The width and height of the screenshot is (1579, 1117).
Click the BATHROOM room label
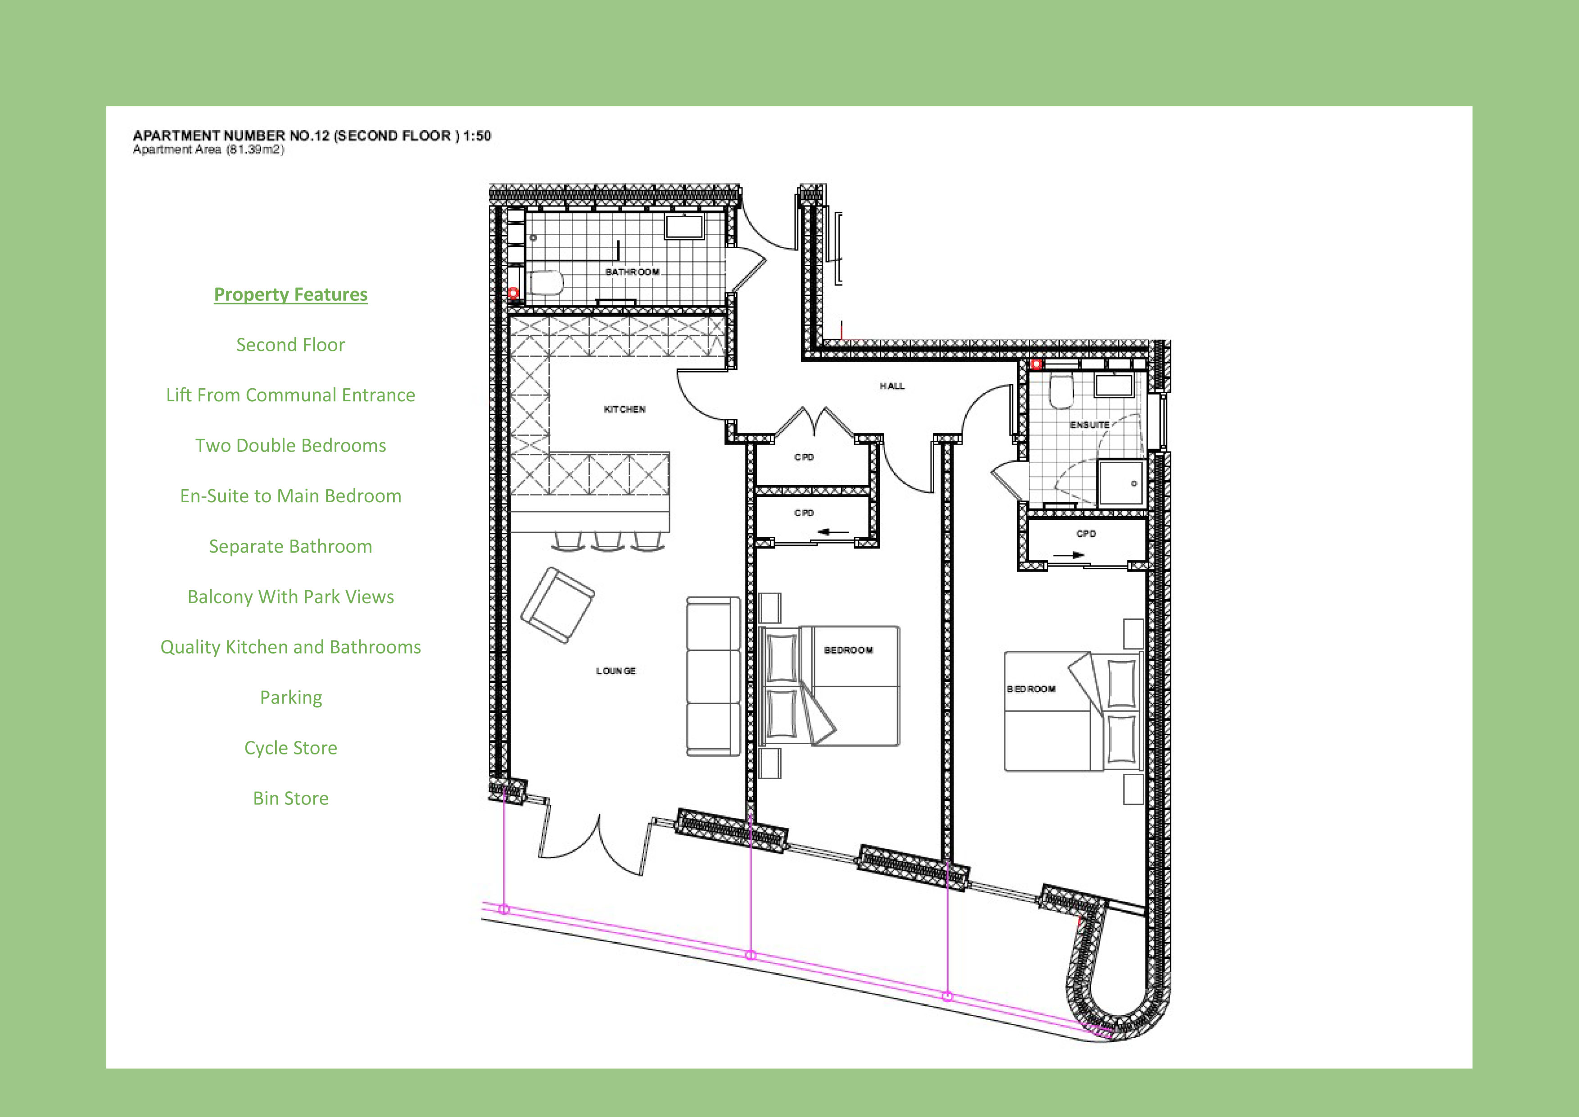(632, 272)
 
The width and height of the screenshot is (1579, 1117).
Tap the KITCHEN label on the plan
(624, 409)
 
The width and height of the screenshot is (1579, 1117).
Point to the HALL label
(892, 386)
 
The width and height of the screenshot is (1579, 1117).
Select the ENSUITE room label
(1089, 425)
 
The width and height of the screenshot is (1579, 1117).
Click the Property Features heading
(290, 295)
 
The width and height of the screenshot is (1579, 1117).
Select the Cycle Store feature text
(290, 748)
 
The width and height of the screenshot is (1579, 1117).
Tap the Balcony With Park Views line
(290, 596)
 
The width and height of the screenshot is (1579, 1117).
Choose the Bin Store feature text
(290, 798)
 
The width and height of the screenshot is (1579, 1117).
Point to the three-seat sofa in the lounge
(713, 676)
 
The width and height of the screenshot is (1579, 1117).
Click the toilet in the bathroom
(547, 282)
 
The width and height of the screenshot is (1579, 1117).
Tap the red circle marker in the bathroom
(513, 293)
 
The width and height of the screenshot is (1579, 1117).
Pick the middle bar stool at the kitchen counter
(608, 541)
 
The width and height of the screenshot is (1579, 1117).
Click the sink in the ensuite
(1113, 385)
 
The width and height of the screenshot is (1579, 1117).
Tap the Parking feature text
(290, 697)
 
